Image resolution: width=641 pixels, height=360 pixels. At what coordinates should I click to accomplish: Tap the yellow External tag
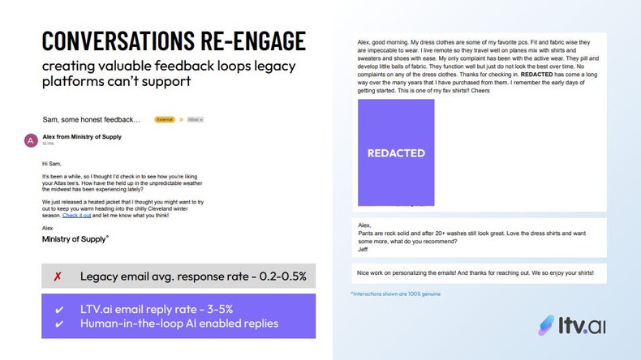pos(165,119)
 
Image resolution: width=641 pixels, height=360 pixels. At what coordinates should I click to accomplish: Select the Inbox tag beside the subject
pos(195,119)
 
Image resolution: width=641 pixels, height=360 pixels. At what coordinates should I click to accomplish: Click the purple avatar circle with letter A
pos(31,140)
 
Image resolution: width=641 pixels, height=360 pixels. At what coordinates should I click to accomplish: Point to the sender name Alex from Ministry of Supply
pos(82,137)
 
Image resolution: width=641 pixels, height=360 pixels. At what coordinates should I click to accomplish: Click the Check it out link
pos(76,216)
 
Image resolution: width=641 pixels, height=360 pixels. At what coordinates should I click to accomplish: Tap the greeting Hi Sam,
pos(51,164)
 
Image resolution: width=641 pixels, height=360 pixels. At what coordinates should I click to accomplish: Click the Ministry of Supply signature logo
pos(75,239)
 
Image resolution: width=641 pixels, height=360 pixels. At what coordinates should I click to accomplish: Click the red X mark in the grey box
pos(58,276)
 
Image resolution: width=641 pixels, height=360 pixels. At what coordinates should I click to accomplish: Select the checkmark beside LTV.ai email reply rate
pos(58,310)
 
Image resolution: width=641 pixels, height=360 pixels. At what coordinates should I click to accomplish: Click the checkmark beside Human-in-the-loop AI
pos(58,324)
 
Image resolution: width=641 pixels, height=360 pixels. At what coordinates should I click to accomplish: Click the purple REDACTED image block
pos(396,152)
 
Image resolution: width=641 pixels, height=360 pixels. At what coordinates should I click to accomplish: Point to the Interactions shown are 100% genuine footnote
pos(395,294)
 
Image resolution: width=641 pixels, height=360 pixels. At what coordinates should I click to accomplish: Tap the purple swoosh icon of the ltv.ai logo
pos(546,325)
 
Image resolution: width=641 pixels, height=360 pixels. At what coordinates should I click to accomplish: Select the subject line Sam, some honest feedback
pos(91,119)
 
